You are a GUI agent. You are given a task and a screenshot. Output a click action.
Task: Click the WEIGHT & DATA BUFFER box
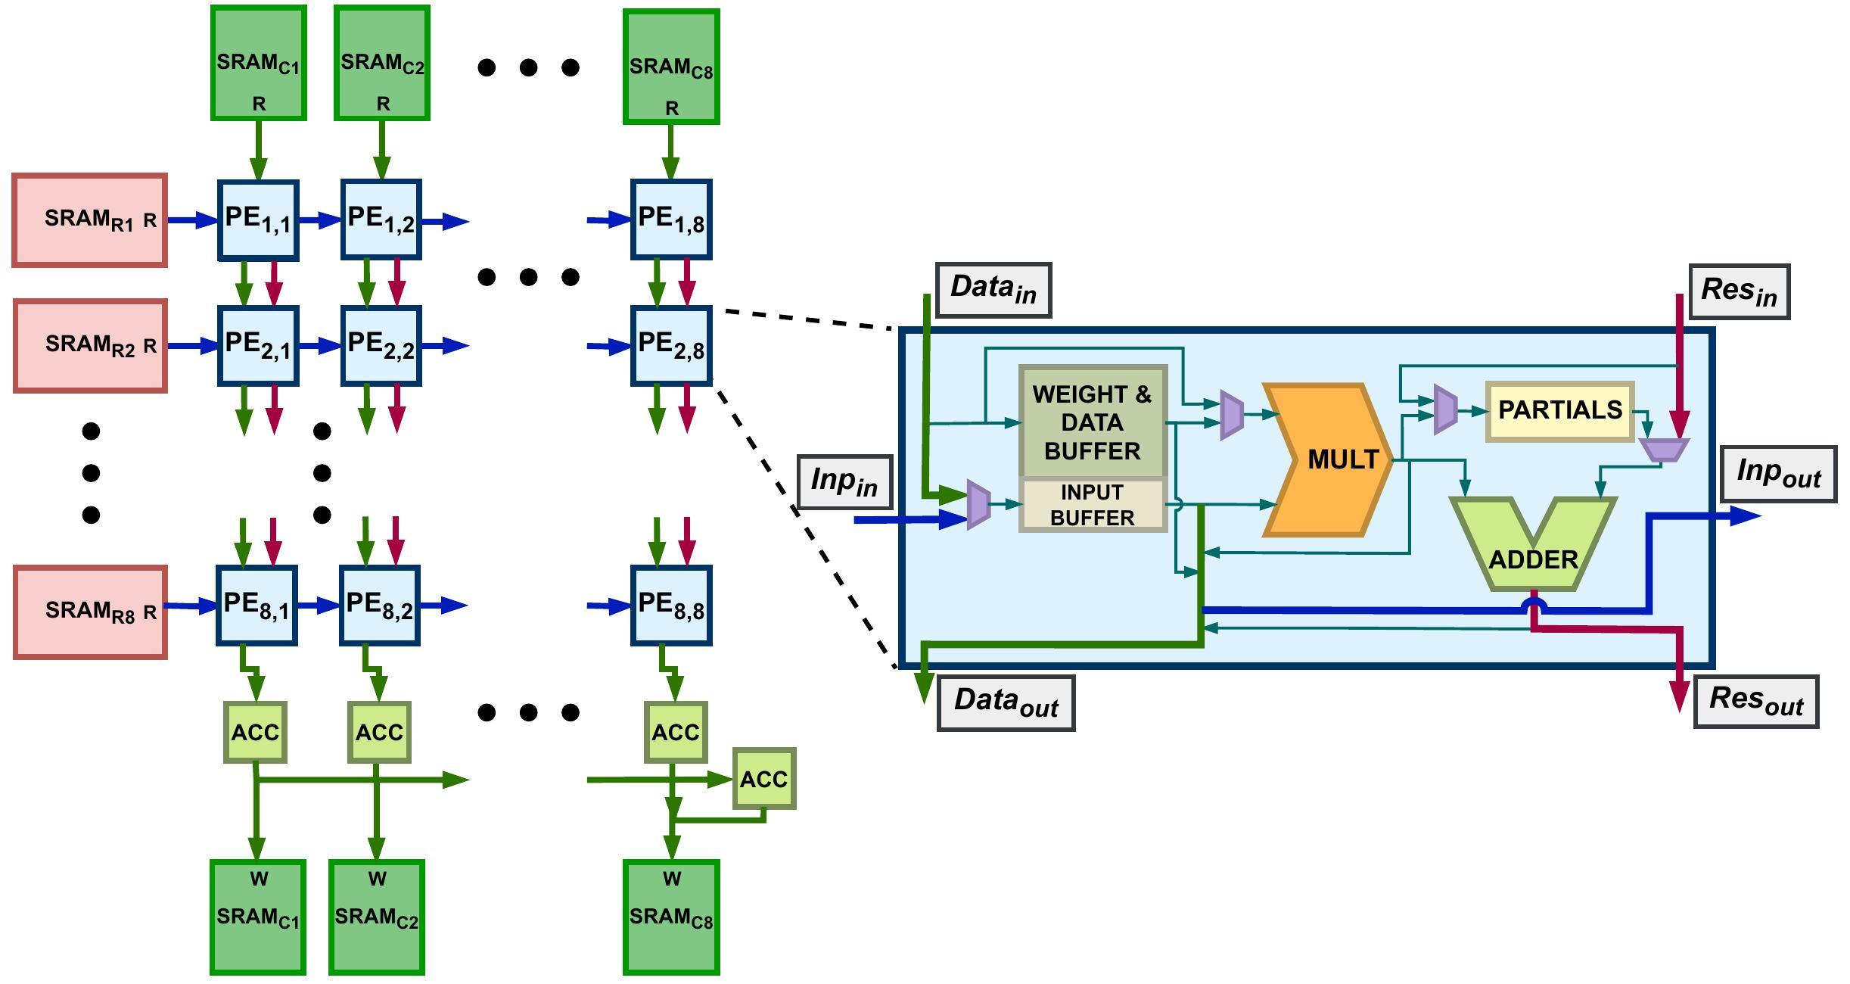[1093, 422]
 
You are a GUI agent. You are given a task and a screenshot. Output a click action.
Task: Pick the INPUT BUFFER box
[1093, 505]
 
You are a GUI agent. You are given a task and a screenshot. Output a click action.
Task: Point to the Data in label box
[993, 289]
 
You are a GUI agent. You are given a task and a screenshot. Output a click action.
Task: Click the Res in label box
[1739, 291]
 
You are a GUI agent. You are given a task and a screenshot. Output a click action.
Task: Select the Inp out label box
[1778, 473]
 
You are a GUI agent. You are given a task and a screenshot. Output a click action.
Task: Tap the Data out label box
[1006, 702]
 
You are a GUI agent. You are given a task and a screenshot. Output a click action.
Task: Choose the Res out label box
[1755, 701]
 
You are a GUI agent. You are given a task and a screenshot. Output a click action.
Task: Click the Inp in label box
[844, 481]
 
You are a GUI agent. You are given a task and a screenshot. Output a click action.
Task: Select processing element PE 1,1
[258, 220]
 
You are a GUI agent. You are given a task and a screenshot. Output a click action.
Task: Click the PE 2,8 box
[671, 346]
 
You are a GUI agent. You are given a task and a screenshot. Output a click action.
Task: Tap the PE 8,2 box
[380, 606]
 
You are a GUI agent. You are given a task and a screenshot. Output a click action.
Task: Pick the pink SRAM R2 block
[90, 346]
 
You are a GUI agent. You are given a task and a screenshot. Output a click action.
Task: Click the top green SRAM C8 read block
[671, 67]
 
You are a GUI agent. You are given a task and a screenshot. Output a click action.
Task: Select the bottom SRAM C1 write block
[258, 917]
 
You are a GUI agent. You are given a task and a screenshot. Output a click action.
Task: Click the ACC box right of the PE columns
[763, 779]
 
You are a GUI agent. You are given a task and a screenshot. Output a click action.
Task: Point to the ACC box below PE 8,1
[256, 732]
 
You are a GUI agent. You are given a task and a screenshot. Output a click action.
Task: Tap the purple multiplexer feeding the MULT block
[1232, 415]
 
